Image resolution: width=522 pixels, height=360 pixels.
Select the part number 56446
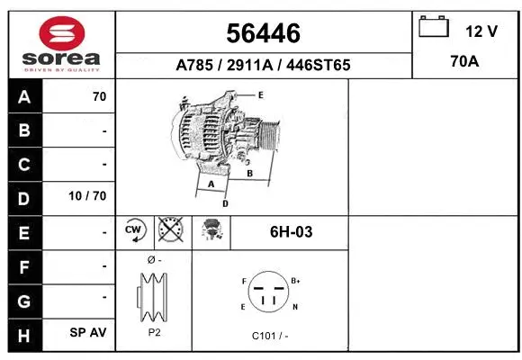coord(263,33)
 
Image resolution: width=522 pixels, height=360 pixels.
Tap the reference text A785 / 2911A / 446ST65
coord(263,65)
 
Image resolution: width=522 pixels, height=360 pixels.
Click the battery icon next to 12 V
coord(435,27)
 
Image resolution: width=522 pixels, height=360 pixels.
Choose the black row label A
coord(23,97)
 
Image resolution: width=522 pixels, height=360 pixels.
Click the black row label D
coord(23,198)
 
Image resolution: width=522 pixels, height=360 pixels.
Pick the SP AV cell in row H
coord(88,332)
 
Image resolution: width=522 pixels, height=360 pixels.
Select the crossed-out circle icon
coord(171,231)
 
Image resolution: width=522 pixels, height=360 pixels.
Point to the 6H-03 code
coord(291,231)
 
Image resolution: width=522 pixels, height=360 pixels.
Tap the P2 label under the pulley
coord(153,331)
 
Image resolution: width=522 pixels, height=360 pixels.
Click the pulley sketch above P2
coord(153,295)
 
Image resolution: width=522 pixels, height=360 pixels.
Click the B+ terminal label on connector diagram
coord(296,281)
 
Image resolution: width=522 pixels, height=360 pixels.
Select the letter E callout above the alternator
coord(260,94)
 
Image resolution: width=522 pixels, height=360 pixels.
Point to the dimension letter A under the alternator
coord(211,184)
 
